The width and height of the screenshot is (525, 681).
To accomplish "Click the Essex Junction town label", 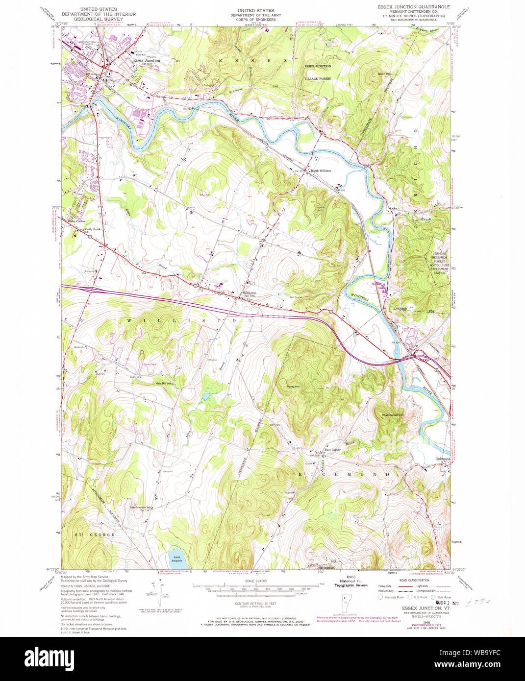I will click(x=147, y=61).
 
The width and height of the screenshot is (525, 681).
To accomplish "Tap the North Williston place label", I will click(x=321, y=171).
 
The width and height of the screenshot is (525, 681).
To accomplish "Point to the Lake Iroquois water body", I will click(x=176, y=556).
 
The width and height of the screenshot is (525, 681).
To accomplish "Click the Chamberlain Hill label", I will click(x=393, y=415).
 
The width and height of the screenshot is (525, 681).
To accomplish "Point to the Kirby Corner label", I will click(x=77, y=221).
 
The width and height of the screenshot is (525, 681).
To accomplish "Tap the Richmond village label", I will click(x=442, y=459).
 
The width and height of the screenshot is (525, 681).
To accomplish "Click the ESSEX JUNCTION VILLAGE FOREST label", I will click(x=318, y=72).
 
